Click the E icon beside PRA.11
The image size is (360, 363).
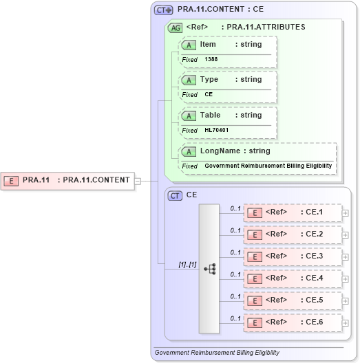pyautogui.click(x=12, y=181)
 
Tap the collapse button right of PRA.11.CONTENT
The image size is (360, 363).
pyautogui.click(x=138, y=181)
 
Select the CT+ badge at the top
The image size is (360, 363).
pyautogui.click(x=163, y=10)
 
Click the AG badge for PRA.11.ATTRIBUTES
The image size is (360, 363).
pyautogui.click(x=175, y=27)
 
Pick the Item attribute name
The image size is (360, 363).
pyautogui.click(x=208, y=44)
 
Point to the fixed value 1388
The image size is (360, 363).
pyautogui.click(x=211, y=59)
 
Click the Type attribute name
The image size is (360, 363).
pyautogui.click(x=209, y=79)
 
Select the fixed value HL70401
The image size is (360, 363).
pyautogui.click(x=216, y=130)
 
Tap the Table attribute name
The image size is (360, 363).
pyautogui.click(x=210, y=115)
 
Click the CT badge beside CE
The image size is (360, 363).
pyautogui.click(x=175, y=195)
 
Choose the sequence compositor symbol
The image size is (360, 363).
pyautogui.click(x=209, y=267)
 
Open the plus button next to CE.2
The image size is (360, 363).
pyautogui.click(x=345, y=234)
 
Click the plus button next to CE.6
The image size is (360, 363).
pyautogui.click(x=345, y=322)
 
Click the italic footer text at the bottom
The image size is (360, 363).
pyautogui.click(x=217, y=353)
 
